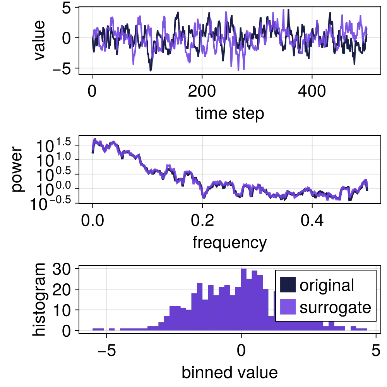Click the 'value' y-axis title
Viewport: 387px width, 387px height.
tap(39, 40)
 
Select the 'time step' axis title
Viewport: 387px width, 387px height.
tap(229, 114)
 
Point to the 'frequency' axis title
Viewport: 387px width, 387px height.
tap(229, 243)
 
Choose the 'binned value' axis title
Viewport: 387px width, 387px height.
tap(229, 372)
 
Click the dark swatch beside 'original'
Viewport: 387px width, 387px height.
tap(287, 285)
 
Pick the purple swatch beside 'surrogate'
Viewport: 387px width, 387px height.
tap(287, 307)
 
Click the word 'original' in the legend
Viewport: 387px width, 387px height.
tap(327, 285)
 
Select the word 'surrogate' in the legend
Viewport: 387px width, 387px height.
tap(335, 308)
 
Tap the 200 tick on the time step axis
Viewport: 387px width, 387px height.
tap(202, 92)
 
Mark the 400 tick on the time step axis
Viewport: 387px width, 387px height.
tap(312, 92)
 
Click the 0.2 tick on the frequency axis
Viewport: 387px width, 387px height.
tap(202, 221)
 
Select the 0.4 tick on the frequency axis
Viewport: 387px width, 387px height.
tap(312, 221)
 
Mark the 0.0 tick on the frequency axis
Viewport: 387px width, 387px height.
tap(92, 221)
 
